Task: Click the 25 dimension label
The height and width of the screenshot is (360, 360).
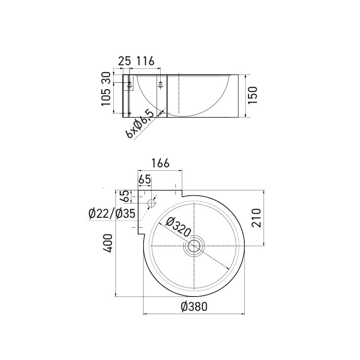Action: (124, 60)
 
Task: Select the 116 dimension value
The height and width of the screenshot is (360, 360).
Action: (145, 60)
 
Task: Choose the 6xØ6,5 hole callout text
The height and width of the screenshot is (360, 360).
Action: (140, 125)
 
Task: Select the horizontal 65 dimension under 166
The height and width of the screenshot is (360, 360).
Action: (144, 180)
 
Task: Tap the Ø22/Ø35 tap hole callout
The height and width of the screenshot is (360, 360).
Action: (112, 214)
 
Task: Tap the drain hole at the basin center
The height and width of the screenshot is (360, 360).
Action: (193, 246)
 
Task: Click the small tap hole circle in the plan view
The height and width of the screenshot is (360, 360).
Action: (151, 203)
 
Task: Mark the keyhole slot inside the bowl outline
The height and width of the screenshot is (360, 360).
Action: (161, 84)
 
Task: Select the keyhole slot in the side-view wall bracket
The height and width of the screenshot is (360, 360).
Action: (130, 84)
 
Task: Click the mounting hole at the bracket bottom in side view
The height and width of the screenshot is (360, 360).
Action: (130, 112)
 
